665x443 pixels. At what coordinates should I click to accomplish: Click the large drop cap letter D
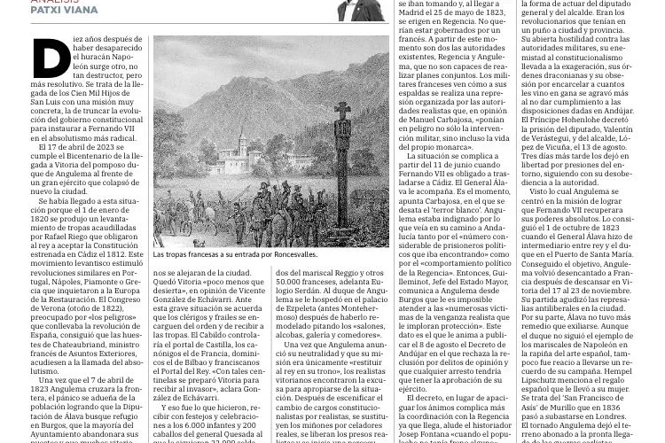click(x=52, y=59)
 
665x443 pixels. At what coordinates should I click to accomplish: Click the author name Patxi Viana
click(x=65, y=11)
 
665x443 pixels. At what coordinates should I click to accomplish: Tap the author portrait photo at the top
click(x=360, y=10)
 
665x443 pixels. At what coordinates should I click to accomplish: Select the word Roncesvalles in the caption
click(x=293, y=254)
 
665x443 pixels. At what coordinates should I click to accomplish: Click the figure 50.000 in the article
click(x=290, y=282)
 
